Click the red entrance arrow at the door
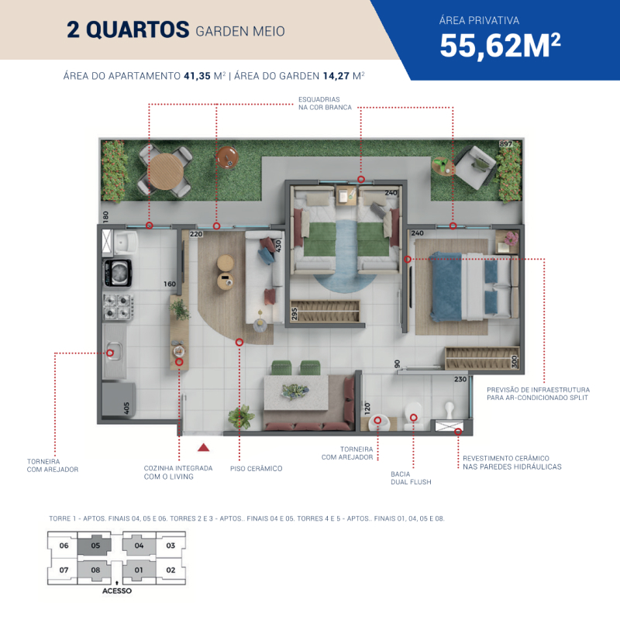tap(203, 447)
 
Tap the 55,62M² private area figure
tap(500, 46)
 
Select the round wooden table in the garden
tap(165, 171)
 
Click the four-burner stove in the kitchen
tap(119, 306)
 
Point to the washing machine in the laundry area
tap(118, 273)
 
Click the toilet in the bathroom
tap(413, 416)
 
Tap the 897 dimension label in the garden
tap(506, 144)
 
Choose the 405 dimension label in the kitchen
tap(126, 408)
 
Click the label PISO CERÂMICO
tap(257, 469)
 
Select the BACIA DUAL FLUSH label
tap(411, 477)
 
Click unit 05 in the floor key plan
tap(95, 546)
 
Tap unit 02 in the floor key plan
tap(170, 570)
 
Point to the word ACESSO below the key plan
tap(117, 591)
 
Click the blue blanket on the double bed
tap(446, 287)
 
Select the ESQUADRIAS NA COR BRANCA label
tap(325, 103)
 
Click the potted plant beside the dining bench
tap(241, 417)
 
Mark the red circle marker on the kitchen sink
tap(110, 353)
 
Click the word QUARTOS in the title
tap(138, 29)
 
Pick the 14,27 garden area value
tap(336, 75)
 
